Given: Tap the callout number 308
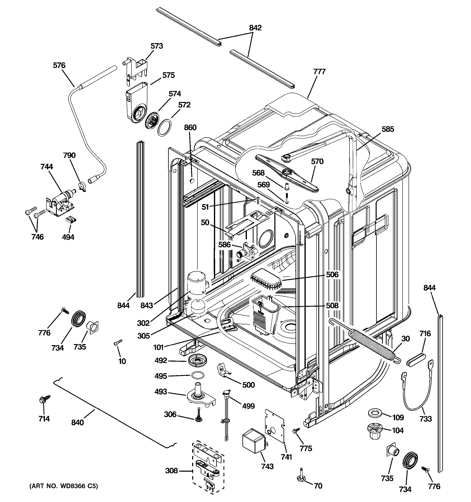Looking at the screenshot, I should coord(171,470).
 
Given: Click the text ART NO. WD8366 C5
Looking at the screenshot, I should coord(63,486).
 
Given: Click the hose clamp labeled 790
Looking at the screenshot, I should coord(82,186).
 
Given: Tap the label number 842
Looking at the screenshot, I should coord(255,28).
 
